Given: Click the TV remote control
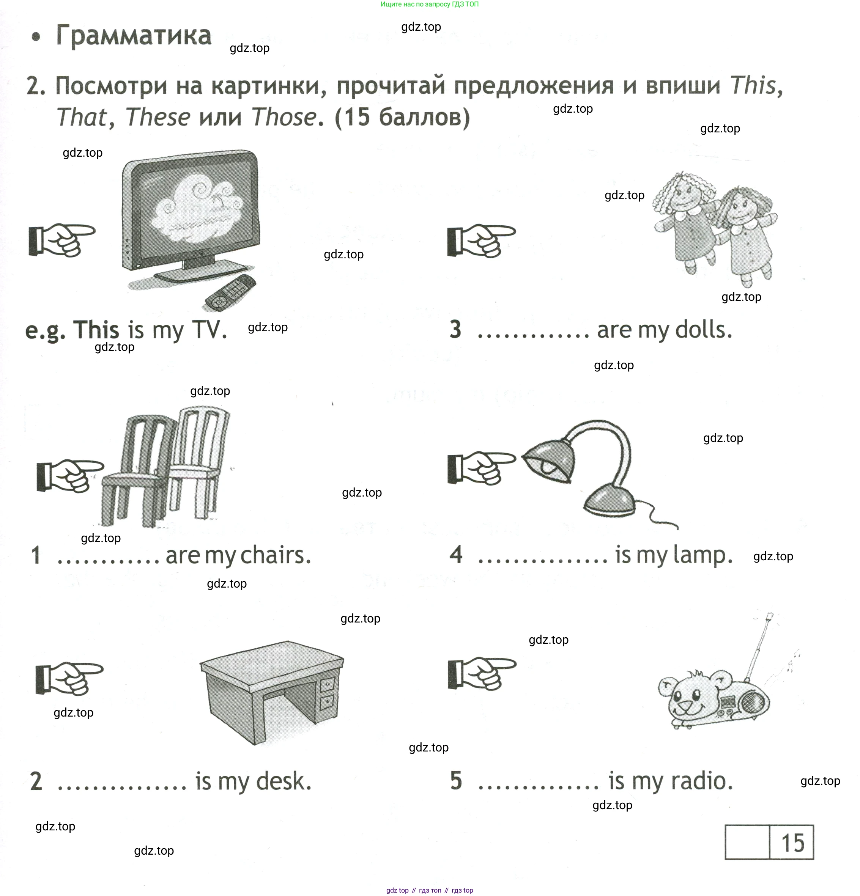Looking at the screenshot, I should (x=230, y=292).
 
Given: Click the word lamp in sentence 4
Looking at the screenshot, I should (x=702, y=555).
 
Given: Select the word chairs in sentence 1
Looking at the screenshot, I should (x=276, y=555).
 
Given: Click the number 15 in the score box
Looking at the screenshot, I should (x=792, y=843).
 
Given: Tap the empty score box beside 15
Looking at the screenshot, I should (x=747, y=843).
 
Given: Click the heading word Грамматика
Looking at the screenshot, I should (x=134, y=35).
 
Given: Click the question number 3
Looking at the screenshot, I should (x=455, y=330).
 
